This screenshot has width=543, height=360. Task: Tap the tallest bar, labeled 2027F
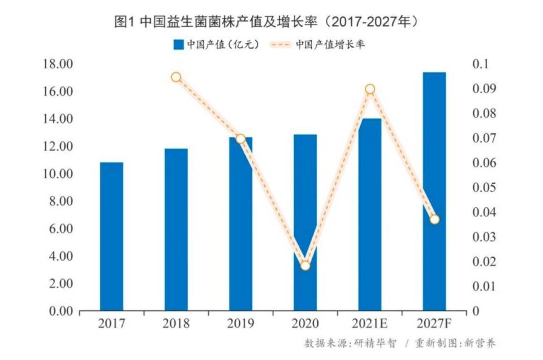(x=434, y=141)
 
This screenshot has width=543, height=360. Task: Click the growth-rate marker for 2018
(x=176, y=77)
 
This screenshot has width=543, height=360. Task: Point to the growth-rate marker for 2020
(x=305, y=265)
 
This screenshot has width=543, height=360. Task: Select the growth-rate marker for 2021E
(x=370, y=89)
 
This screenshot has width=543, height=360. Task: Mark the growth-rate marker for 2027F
(x=434, y=219)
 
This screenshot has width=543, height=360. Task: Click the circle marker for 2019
(x=240, y=138)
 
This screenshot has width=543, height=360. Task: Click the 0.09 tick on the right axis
(x=484, y=89)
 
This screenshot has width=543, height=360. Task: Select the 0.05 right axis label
(x=484, y=188)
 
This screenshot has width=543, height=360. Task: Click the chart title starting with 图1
(x=266, y=22)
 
